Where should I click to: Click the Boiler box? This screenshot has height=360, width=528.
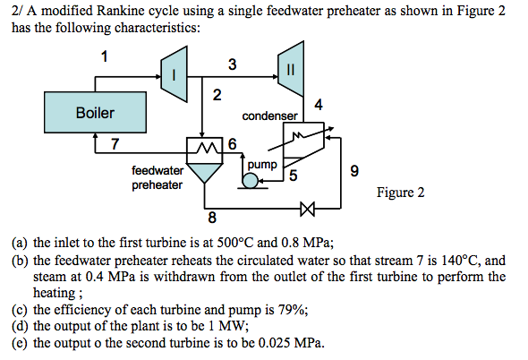95,114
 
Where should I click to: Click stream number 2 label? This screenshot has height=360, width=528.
216,96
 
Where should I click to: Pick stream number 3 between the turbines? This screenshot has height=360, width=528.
232,64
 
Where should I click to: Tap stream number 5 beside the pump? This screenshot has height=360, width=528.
293,175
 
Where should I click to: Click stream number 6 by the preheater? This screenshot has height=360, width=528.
233,143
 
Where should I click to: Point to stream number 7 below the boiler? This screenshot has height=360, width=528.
114,144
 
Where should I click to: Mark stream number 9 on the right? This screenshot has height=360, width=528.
354,171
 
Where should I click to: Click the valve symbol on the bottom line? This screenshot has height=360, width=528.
309,210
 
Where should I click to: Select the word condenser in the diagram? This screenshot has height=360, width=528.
269,116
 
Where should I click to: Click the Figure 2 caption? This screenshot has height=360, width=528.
400,193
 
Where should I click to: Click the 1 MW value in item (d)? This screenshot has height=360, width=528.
226,326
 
